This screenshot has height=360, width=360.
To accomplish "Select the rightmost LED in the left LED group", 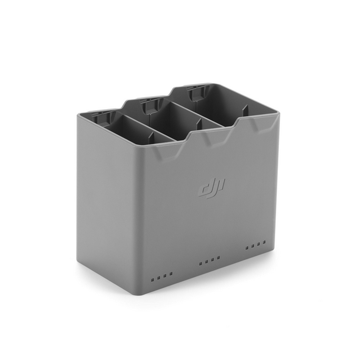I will pos(171,273).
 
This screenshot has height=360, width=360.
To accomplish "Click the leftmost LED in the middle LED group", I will pos(200,264).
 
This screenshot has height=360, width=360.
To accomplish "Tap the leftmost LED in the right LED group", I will pos(247,248).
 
